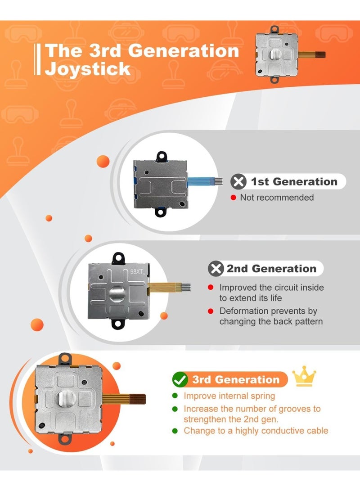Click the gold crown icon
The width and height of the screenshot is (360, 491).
tap(304, 376)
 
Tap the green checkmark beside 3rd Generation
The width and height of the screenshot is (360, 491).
tap(180, 379)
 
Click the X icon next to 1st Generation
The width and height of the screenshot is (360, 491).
tap(238, 182)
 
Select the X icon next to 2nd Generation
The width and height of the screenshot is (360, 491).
tap(216, 269)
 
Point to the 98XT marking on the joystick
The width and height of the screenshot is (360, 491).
tap(137, 271)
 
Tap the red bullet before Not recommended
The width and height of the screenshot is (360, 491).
tap(233, 198)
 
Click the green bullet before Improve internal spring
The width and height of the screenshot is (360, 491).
tap(175, 396)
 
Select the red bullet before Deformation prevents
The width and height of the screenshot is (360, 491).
tap(211, 311)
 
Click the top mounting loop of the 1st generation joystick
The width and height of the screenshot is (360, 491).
tap(162, 156)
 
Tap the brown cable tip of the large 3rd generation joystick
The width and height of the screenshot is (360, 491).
tap(138, 399)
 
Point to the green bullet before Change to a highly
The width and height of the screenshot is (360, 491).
tap(175, 431)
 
